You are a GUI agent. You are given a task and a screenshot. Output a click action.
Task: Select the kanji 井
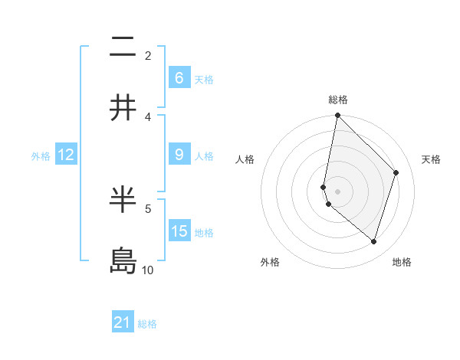[123, 108]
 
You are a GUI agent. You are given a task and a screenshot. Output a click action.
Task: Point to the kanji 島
[123, 261]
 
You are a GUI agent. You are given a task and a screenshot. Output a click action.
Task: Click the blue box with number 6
[179, 77]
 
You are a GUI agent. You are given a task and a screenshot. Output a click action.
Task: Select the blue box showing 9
[179, 155]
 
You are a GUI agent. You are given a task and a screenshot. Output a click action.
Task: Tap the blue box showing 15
[179, 231]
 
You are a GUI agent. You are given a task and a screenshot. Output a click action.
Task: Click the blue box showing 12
[66, 155]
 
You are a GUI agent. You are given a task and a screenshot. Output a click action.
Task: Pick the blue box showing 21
[123, 322]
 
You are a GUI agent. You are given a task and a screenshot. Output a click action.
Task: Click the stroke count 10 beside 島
[148, 270]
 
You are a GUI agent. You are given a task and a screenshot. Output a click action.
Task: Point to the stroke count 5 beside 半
[148, 208]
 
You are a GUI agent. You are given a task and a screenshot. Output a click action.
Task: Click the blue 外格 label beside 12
[41, 155]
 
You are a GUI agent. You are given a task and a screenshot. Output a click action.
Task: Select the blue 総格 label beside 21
[148, 324]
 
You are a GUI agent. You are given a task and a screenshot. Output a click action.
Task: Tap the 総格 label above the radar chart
[338, 100]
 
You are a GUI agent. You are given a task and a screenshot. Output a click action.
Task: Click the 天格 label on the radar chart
[432, 159]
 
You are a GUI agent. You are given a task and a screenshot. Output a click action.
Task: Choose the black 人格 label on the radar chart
[245, 159]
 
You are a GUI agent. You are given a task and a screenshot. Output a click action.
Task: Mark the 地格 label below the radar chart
[402, 262]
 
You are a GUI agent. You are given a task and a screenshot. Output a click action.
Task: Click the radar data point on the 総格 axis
[338, 116]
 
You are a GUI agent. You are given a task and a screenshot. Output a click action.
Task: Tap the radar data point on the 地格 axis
[374, 241]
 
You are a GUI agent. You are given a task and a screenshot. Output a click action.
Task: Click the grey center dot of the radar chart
[338, 191]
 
